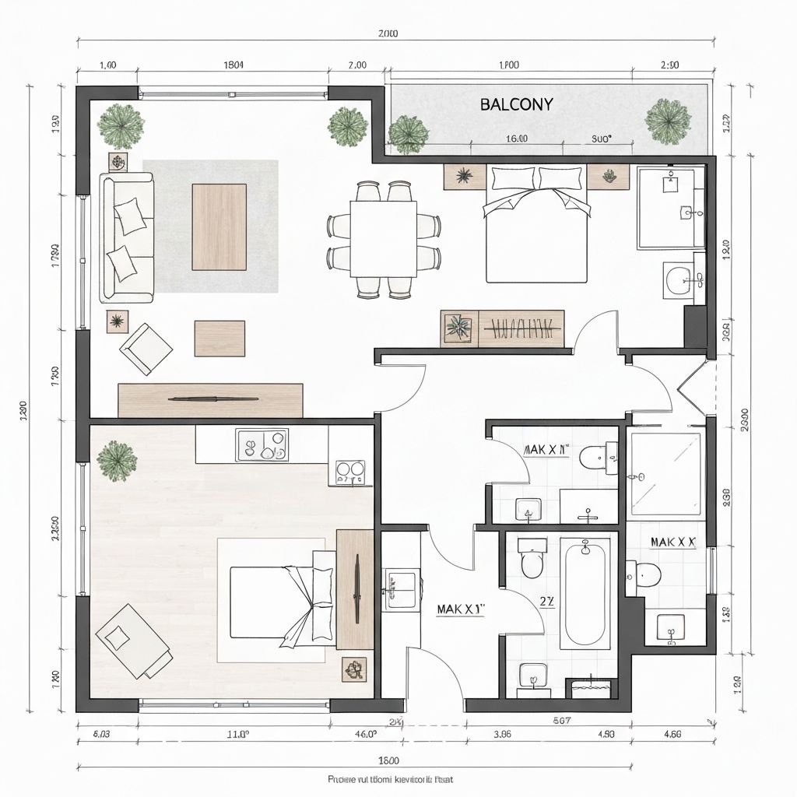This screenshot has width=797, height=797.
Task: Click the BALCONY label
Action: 516,104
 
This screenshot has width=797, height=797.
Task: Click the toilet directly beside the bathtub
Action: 532,559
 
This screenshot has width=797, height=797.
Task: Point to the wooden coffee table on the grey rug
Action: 219,226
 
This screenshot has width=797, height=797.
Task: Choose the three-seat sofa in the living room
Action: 126,237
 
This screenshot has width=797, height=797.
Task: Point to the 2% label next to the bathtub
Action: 547,600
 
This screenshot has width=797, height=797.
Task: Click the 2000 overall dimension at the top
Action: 388,33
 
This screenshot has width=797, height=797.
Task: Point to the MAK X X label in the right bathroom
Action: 672,542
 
